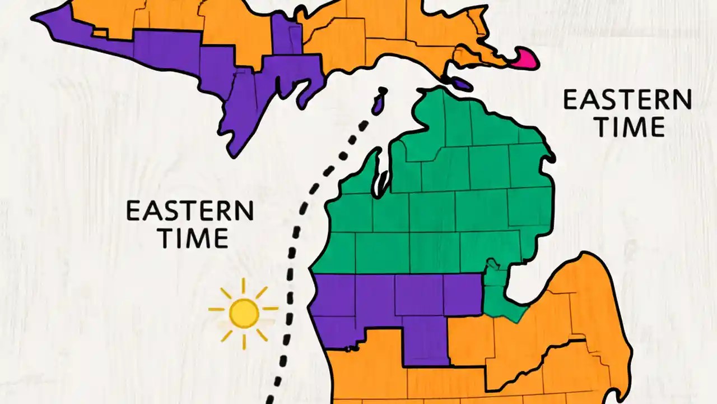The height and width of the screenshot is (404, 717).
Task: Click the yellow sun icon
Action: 244,313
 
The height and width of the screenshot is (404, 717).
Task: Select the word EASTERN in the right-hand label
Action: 627,100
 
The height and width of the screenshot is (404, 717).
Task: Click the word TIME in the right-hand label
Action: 630,127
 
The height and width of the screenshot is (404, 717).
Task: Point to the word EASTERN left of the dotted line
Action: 190,212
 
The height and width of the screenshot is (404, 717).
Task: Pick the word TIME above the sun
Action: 193,238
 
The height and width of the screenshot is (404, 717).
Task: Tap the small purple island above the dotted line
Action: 379,102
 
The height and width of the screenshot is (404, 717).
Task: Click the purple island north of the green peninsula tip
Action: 462,84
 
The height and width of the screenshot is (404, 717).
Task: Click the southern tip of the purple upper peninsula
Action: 235,149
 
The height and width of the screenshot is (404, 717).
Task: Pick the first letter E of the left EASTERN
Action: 133,212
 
